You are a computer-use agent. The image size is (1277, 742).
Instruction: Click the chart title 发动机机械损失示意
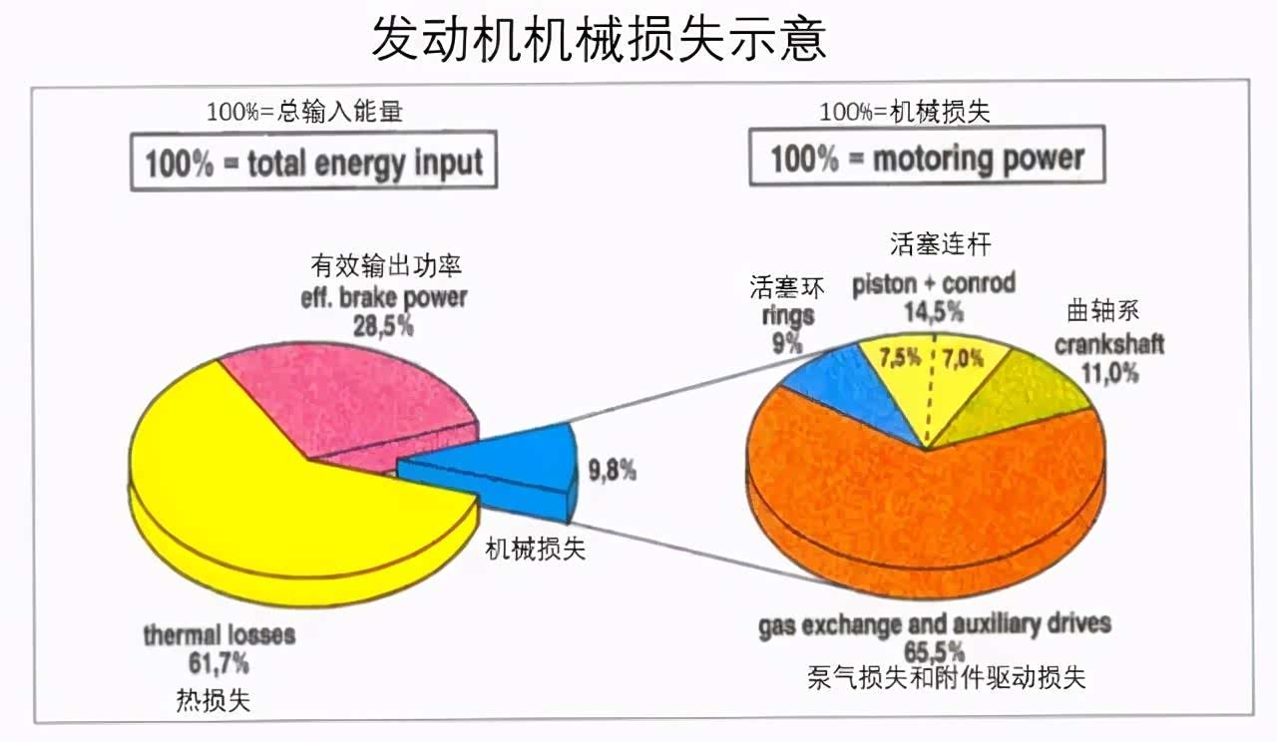click(x=599, y=40)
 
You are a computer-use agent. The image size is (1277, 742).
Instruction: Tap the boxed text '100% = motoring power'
click(x=927, y=158)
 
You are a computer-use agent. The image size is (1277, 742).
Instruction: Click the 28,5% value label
click(x=383, y=324)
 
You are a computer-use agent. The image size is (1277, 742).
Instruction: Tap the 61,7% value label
click(x=218, y=662)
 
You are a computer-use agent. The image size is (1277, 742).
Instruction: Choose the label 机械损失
click(x=536, y=548)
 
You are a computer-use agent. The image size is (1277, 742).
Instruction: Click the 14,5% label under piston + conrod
click(x=934, y=311)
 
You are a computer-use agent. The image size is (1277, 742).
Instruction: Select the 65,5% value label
click(x=934, y=651)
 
